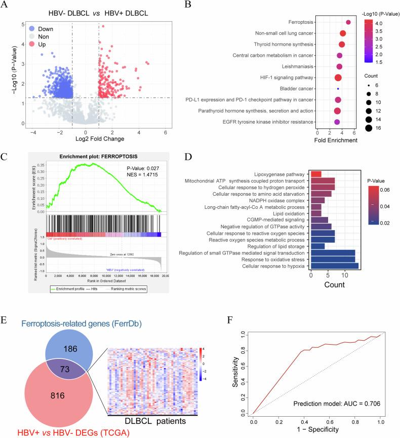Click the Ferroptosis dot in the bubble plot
coord(348,22)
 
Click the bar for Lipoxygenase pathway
coord(316,174)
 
